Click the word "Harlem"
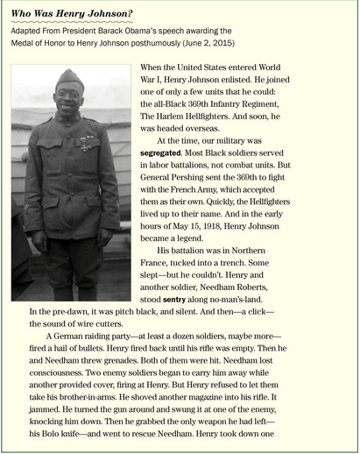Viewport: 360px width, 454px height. coord(174,102)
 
